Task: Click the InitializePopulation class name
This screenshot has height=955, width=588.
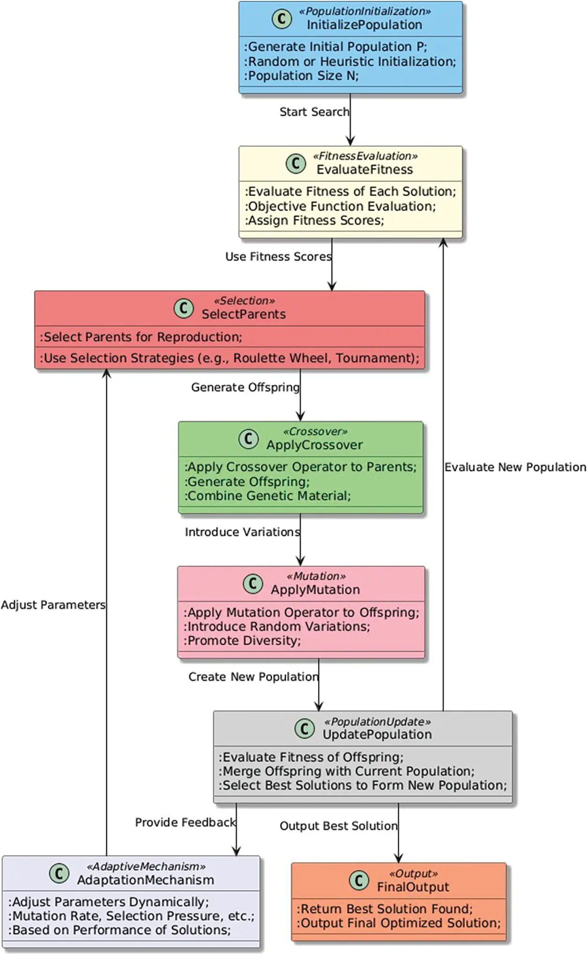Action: tap(364, 25)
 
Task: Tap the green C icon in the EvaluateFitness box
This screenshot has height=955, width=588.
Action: tap(296, 163)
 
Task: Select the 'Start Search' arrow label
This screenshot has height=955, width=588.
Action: tap(314, 112)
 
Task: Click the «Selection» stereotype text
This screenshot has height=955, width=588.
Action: tap(244, 301)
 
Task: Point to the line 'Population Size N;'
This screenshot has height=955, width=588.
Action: tap(301, 76)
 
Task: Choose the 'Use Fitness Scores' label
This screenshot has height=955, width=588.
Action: tap(278, 257)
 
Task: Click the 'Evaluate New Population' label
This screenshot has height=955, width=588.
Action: tap(515, 467)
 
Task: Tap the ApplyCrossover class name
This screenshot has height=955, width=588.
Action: tap(314, 445)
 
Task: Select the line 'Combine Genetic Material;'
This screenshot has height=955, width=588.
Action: tap(268, 496)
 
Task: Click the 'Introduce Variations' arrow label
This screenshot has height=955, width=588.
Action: tap(242, 532)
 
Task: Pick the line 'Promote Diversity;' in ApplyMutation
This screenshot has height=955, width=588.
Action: tap(242, 641)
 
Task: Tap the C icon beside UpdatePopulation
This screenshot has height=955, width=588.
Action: tap(305, 729)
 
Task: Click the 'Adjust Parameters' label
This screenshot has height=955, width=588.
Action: tap(53, 605)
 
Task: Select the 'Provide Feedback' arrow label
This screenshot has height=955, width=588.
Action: tap(185, 822)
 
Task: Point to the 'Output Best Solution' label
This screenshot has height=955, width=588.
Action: tap(338, 826)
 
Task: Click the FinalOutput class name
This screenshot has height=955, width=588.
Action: tap(413, 887)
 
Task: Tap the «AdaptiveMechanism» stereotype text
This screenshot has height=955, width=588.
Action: tap(146, 866)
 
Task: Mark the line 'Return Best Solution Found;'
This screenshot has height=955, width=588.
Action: tap(385, 909)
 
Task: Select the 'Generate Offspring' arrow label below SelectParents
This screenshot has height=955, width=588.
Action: tap(245, 388)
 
